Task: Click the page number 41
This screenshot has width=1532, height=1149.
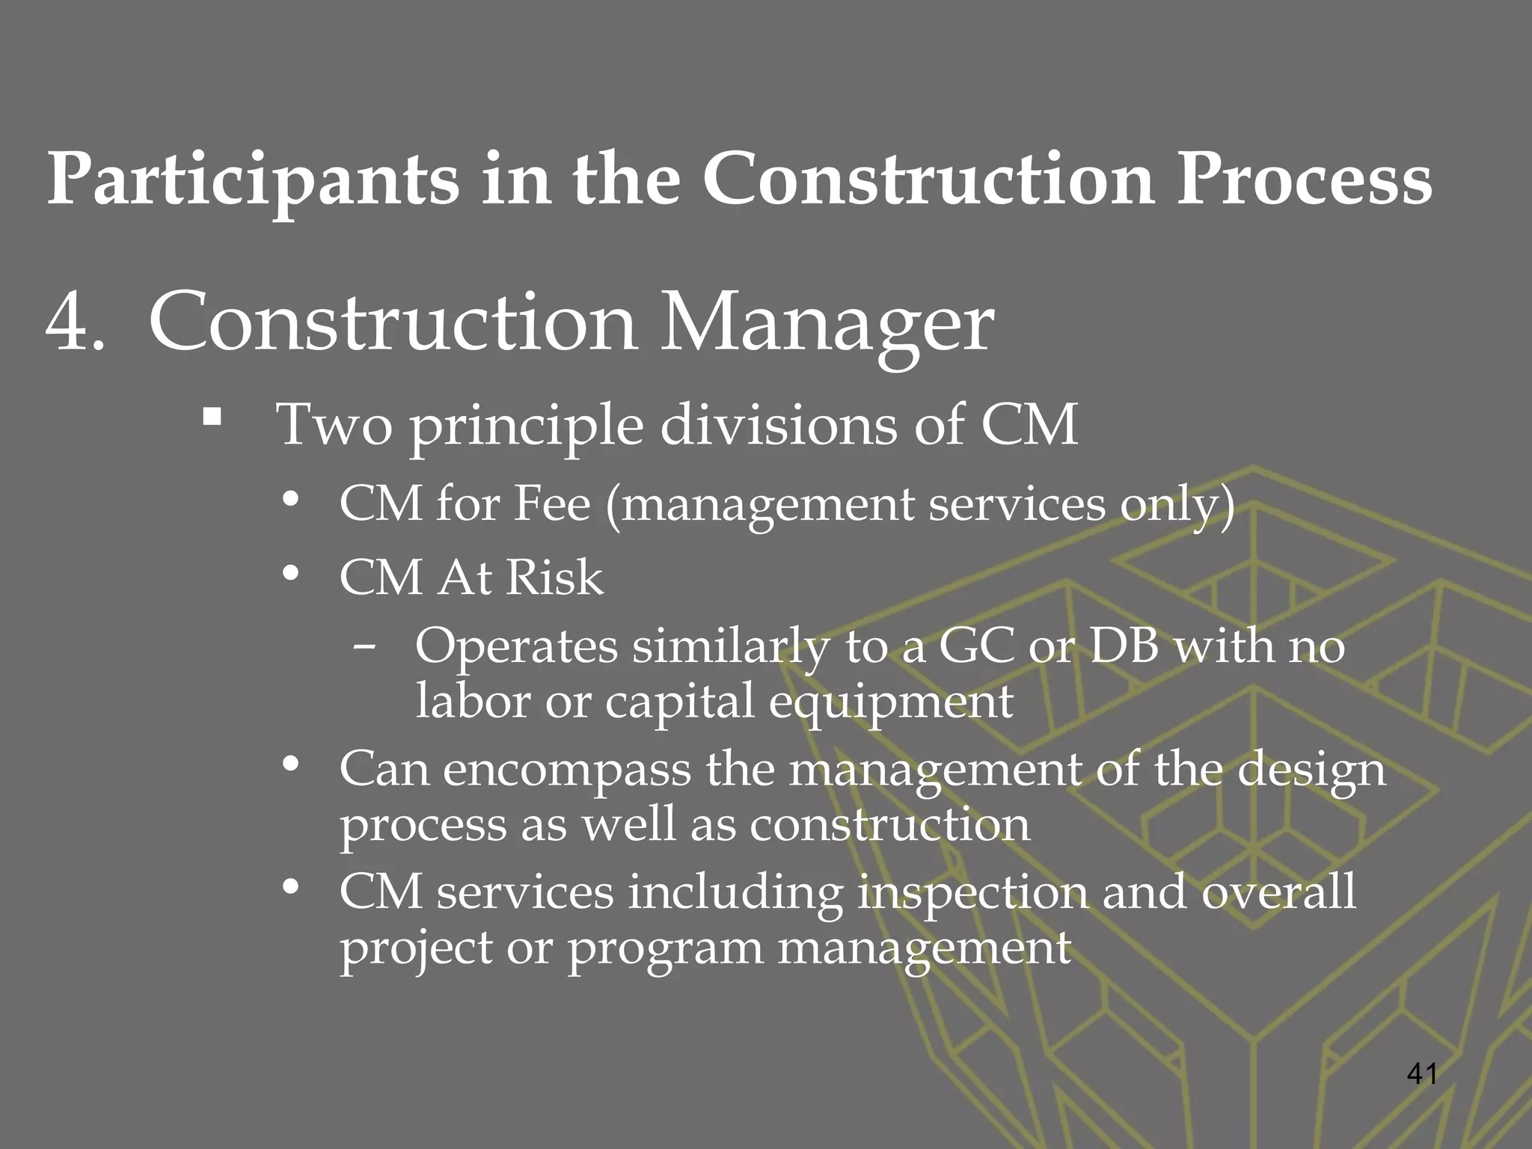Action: pyautogui.click(x=1421, y=1074)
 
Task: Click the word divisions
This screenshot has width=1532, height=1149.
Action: pyautogui.click(x=778, y=425)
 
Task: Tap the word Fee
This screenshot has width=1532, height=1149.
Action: pyautogui.click(x=552, y=503)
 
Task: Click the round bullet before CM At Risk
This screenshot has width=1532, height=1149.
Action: pyautogui.click(x=291, y=574)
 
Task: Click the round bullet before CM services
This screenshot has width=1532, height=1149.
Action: pyautogui.click(x=291, y=889)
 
